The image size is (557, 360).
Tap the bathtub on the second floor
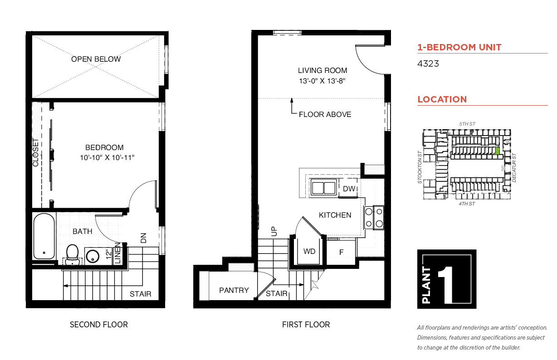coord(44,236)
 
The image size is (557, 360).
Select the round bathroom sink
coord(92,256)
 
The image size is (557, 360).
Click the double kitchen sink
coord(323,187)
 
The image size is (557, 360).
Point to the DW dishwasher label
coord(349,189)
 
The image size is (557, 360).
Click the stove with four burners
coord(374,218)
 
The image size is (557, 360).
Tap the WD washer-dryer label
coord(309,251)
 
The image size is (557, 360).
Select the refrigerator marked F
coord(341,252)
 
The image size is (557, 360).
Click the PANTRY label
coord(234,290)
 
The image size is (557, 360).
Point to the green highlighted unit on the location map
coord(497,151)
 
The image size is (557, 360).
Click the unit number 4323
coord(428,63)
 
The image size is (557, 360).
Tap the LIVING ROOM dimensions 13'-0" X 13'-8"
coord(322,81)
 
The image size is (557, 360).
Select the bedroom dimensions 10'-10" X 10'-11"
coord(107,158)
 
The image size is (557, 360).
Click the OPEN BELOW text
coord(96,59)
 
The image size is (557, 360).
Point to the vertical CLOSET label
coord(35,152)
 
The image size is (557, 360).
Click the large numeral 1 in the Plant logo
coord(445,285)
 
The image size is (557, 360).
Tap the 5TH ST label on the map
coord(467,124)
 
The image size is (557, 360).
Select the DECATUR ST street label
coord(514,168)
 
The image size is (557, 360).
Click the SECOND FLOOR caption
coord(99,325)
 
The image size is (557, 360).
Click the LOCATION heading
coord(442,99)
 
